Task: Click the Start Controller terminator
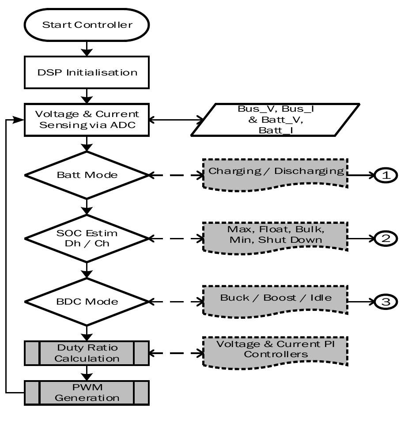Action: [87, 25]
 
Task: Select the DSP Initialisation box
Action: [87, 72]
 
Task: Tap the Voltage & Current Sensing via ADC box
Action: [87, 119]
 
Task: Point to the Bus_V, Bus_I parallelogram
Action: [275, 119]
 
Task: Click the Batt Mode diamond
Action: [87, 175]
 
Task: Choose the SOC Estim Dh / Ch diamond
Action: [87, 238]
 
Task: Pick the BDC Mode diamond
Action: [87, 302]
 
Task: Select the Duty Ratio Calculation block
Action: [87, 353]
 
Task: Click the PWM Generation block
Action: [87, 392]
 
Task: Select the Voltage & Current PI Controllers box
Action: [276, 350]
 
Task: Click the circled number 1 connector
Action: [386, 175]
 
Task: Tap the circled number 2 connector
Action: [386, 238]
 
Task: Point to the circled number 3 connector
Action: [386, 302]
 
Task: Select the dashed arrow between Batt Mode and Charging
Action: [176, 175]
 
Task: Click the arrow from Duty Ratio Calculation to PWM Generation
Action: [87, 374]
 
